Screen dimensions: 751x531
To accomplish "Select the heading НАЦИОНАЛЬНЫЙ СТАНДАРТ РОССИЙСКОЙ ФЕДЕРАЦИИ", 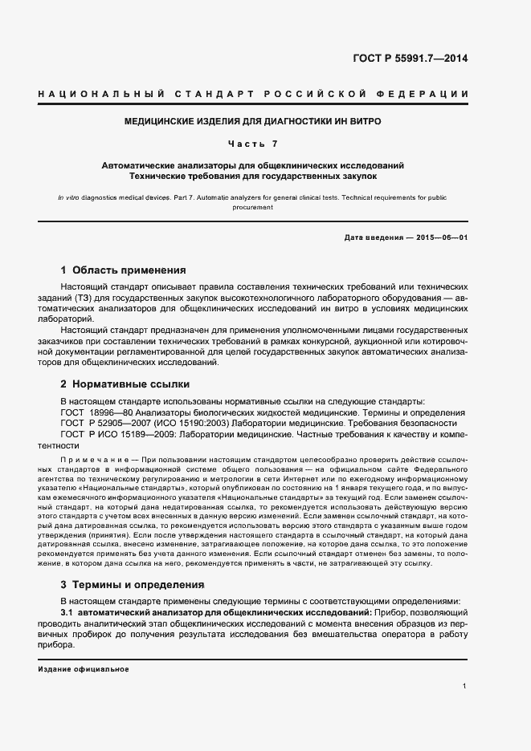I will point(253,95).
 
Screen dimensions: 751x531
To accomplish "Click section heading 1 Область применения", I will point(124,270).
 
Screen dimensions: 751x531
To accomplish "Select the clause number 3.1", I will point(67,612).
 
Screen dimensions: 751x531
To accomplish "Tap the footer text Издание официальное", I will point(83,668).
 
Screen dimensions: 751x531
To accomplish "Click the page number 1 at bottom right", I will point(465,686).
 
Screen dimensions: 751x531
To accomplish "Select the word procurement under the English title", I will point(253,207).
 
